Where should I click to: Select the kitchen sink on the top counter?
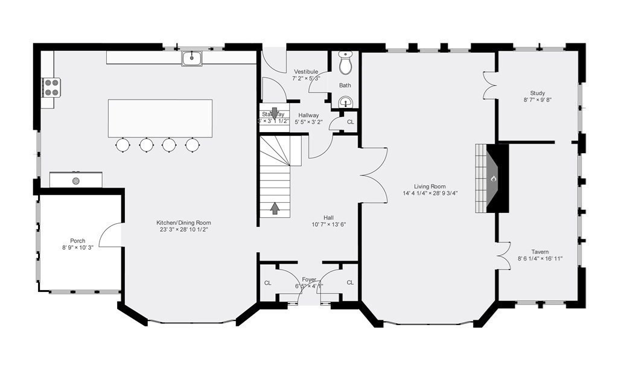[x=192, y=58]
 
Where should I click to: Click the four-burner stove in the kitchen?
[x=51, y=87]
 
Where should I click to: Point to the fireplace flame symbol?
[x=493, y=179]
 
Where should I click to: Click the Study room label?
[x=537, y=93]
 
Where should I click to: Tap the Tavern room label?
[x=540, y=252]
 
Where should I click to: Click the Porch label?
[x=78, y=241]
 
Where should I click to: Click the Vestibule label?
[x=305, y=71]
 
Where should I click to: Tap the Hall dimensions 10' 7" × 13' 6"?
[x=328, y=224]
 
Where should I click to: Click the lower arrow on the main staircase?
[x=275, y=208]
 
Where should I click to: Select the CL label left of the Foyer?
[x=267, y=282]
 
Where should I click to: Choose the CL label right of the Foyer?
[x=349, y=282]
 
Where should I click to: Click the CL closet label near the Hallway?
[x=350, y=122]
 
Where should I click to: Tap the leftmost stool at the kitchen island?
[x=123, y=145]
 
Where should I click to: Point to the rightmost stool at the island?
[x=192, y=145]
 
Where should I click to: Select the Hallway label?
[x=308, y=115]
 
